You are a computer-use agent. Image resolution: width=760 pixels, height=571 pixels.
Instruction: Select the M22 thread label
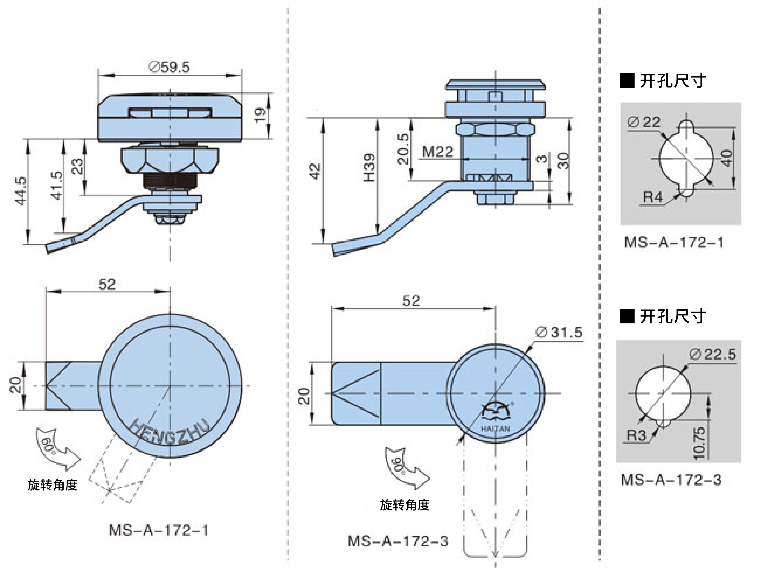point(437,151)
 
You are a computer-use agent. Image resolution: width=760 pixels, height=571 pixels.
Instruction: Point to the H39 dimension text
point(369,168)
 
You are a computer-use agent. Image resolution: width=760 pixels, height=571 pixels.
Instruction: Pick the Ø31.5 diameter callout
point(559,332)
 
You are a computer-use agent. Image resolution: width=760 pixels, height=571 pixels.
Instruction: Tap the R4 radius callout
point(652,197)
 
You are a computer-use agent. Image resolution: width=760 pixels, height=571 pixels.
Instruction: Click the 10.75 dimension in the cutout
point(699,443)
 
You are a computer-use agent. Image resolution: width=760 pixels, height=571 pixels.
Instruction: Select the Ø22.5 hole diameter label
point(713,355)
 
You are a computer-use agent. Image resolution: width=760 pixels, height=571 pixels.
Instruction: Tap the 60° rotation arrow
point(57,448)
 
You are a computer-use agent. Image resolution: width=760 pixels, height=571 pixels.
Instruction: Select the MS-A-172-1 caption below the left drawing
point(158,530)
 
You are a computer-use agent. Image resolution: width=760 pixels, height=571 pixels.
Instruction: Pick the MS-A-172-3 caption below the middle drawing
point(398,541)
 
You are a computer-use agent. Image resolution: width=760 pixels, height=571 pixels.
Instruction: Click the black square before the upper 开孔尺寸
point(627,81)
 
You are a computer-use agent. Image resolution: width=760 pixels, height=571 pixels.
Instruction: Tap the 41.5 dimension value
point(57,185)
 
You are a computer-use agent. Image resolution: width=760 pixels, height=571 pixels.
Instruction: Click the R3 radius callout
point(636,435)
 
